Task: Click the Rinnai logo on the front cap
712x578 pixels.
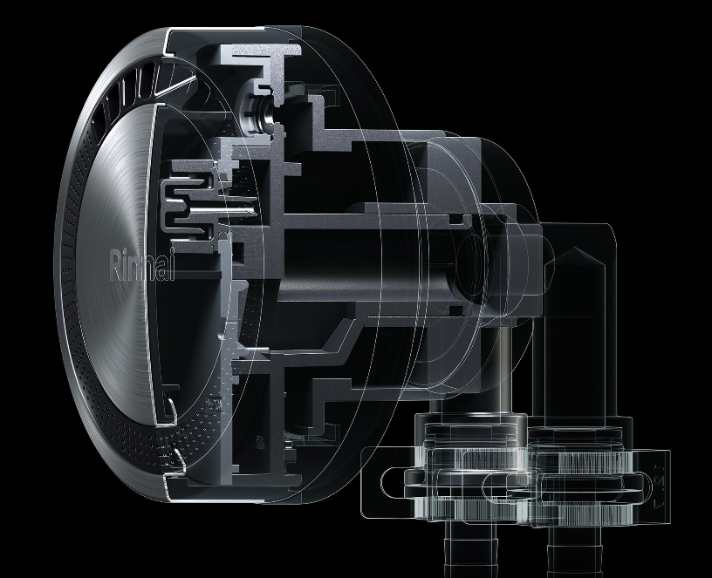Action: tap(142, 265)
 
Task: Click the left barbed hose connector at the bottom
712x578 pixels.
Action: tap(470, 549)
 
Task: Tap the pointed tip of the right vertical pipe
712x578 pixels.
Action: tap(575, 248)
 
